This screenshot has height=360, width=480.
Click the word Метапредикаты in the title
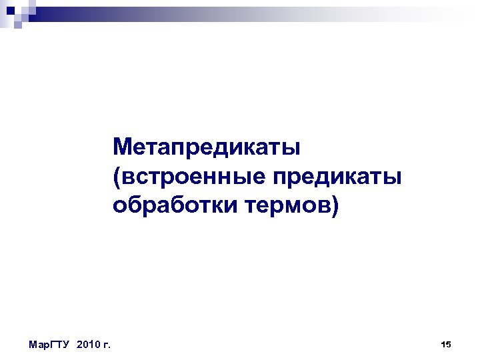[207, 145]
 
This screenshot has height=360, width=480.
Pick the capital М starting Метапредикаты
[123, 145]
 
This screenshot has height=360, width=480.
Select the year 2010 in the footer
[89, 345]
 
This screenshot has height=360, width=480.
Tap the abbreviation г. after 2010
[107, 345]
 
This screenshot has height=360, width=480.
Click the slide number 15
[446, 344]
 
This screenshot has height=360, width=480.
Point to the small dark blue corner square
[9, 6]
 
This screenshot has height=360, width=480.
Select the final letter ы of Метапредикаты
[293, 146]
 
